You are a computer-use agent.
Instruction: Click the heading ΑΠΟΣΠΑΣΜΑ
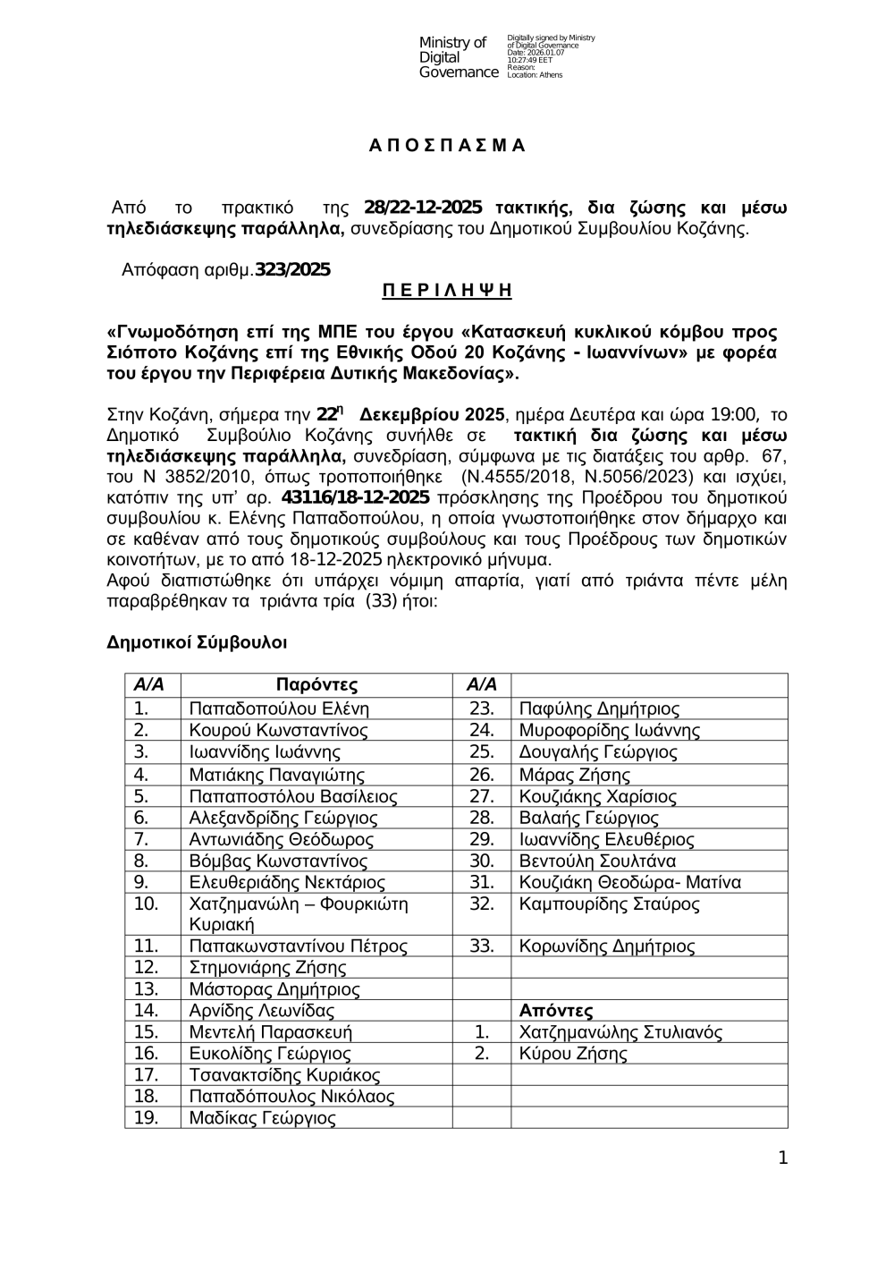(447, 147)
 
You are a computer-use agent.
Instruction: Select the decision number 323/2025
(292, 269)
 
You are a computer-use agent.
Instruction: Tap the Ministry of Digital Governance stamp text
(459, 57)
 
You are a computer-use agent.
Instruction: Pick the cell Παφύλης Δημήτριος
(599, 709)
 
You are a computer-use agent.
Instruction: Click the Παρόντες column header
(316, 686)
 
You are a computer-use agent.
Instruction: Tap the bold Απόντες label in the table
(556, 1012)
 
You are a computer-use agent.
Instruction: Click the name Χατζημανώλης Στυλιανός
(620, 1033)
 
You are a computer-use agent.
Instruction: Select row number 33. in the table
(482, 946)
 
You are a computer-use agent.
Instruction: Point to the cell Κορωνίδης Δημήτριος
(607, 946)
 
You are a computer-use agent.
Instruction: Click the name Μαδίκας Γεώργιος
(263, 1119)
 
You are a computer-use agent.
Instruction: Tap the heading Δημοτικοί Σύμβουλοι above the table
(197, 643)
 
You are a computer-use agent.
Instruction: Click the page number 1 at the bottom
(783, 1160)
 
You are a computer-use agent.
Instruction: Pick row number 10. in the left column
(146, 904)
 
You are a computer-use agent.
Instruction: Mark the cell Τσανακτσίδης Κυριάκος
(285, 1076)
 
